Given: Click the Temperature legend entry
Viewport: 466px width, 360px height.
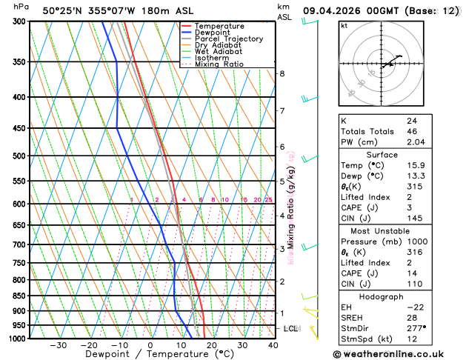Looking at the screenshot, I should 219,26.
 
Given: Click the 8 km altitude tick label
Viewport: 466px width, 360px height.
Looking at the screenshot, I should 282,73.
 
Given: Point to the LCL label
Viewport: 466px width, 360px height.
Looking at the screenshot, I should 291,328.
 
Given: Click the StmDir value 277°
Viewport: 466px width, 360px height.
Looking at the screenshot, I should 416,327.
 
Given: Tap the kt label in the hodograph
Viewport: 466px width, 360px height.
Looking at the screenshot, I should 344,26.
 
